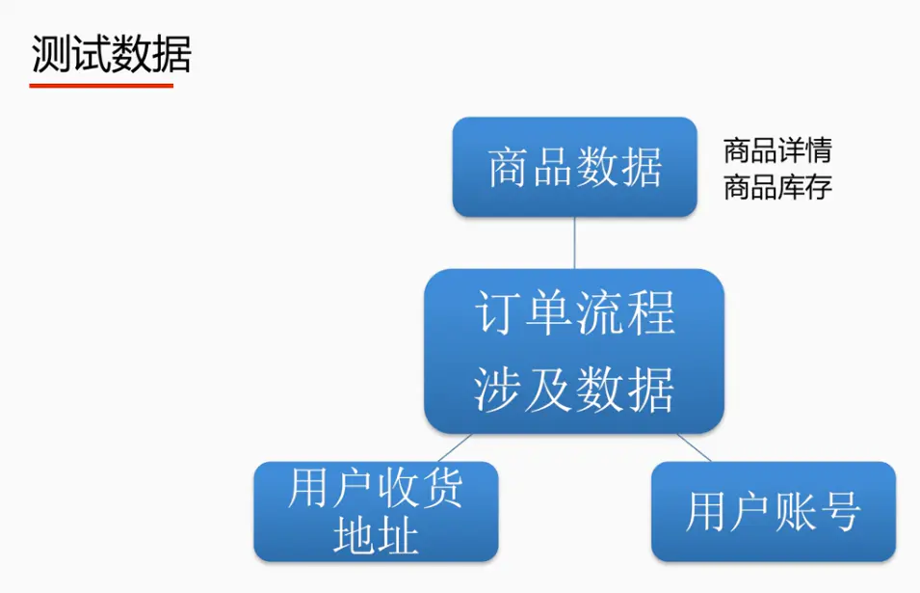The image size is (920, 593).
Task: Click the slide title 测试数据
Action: click(x=111, y=55)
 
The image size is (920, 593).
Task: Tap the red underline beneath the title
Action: click(x=101, y=86)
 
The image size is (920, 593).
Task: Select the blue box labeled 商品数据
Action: click(x=574, y=168)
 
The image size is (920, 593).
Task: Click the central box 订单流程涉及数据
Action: click(x=574, y=351)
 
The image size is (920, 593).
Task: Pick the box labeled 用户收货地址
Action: click(x=376, y=511)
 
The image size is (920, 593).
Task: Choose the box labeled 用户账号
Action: click(x=774, y=511)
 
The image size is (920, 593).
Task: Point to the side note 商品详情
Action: click(x=777, y=150)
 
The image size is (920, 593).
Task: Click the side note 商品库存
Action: click(x=777, y=187)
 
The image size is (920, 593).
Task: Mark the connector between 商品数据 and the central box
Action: click(x=574, y=243)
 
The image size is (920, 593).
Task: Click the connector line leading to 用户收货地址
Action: click(x=455, y=448)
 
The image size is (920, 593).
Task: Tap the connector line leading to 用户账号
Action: click(x=695, y=448)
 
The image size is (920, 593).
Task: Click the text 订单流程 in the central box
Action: click(x=575, y=313)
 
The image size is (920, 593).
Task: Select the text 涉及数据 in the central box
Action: click(x=574, y=390)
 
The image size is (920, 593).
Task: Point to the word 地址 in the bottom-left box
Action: click(x=376, y=535)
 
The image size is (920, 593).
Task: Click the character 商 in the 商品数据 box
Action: click(x=510, y=168)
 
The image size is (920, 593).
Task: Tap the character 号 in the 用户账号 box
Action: click(x=840, y=511)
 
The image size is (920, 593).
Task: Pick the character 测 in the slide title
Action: click(x=50, y=55)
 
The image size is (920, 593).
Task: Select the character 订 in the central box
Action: click(x=497, y=313)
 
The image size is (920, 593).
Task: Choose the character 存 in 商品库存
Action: click(x=819, y=187)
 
